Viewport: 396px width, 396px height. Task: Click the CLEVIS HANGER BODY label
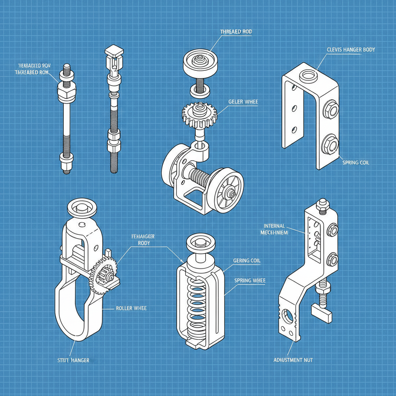(x=351, y=50)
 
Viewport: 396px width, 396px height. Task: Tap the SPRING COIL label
(x=356, y=163)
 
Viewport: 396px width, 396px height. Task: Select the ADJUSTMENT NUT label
(x=293, y=360)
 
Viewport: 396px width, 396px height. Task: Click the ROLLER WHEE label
(x=131, y=308)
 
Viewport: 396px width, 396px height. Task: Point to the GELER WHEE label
(x=243, y=102)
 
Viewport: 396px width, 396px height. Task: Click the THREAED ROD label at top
(x=236, y=32)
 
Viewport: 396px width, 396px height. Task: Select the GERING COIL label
(x=247, y=261)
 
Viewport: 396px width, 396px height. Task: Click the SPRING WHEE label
(x=250, y=280)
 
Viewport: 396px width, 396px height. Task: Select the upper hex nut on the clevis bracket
(x=330, y=110)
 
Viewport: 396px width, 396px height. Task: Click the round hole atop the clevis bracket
(x=310, y=74)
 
